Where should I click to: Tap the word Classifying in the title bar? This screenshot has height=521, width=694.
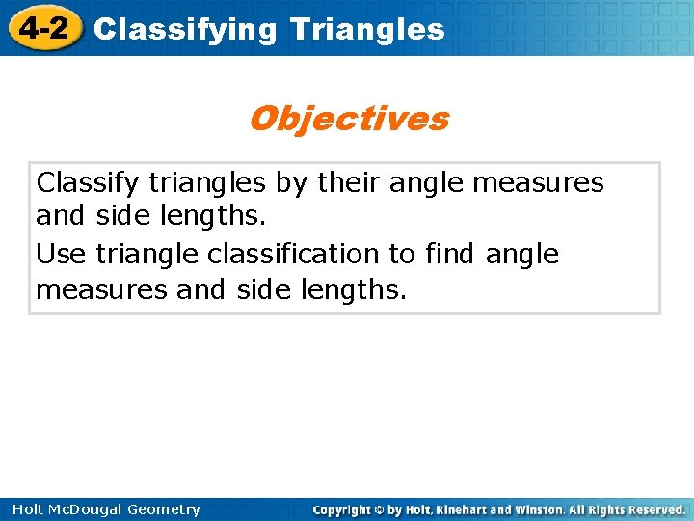[x=185, y=30]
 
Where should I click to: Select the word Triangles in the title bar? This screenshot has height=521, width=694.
[x=367, y=30]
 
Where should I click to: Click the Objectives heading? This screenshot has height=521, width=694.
[x=348, y=119]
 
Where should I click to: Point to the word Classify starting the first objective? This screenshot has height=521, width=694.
[x=79, y=182]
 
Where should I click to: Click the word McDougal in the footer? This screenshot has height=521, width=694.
[x=80, y=509]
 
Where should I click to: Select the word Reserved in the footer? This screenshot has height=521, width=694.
[x=655, y=509]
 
